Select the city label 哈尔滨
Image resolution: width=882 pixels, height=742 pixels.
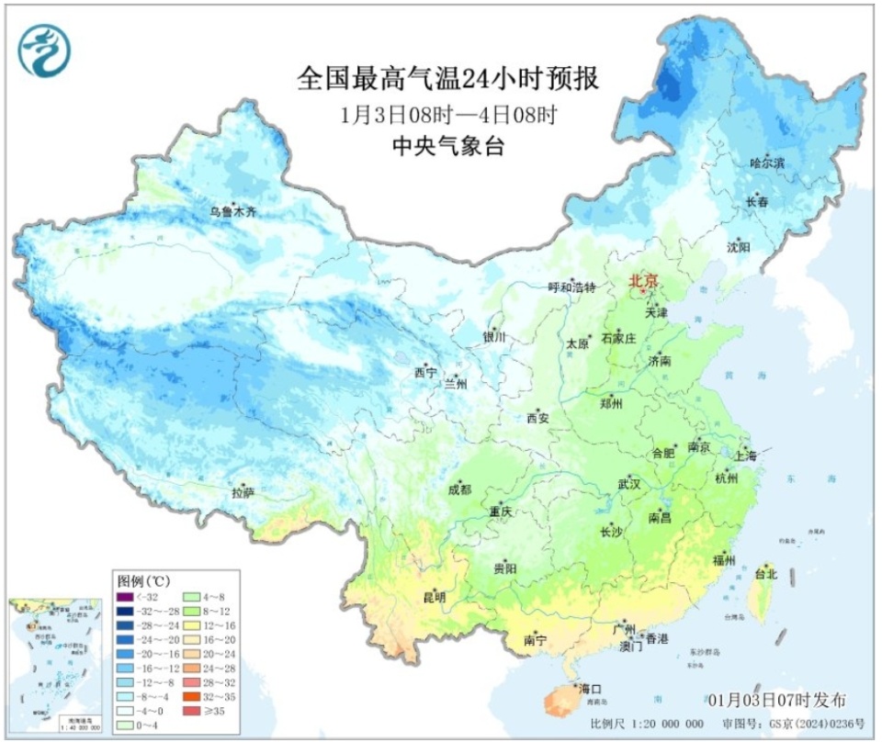pyautogui.click(x=767, y=163)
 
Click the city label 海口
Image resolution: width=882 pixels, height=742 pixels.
pyautogui.click(x=590, y=688)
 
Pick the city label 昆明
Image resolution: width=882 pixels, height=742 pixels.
pyautogui.click(x=435, y=598)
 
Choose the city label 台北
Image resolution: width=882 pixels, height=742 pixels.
pyautogui.click(x=765, y=574)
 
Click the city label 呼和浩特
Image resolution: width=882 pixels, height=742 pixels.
pyautogui.click(x=572, y=287)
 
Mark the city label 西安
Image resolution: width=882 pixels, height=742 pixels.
pyautogui.click(x=537, y=418)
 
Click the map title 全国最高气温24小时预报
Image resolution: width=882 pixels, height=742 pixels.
pyautogui.click(x=447, y=79)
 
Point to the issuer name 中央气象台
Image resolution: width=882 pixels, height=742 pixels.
pyautogui.click(x=447, y=146)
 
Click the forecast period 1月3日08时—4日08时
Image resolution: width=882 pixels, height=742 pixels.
pyautogui.click(x=447, y=115)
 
